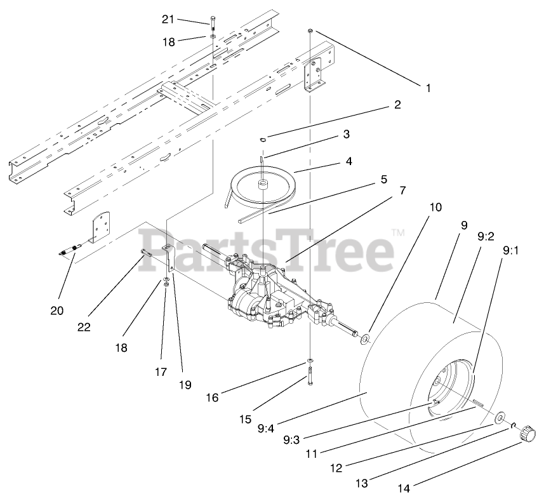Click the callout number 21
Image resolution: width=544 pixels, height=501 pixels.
click(168, 19)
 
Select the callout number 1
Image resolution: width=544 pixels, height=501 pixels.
click(427, 88)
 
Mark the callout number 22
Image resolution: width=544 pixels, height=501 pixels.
click(83, 327)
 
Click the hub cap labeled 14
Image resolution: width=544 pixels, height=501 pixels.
click(526, 435)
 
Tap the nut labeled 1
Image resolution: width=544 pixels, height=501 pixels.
click(309, 31)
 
